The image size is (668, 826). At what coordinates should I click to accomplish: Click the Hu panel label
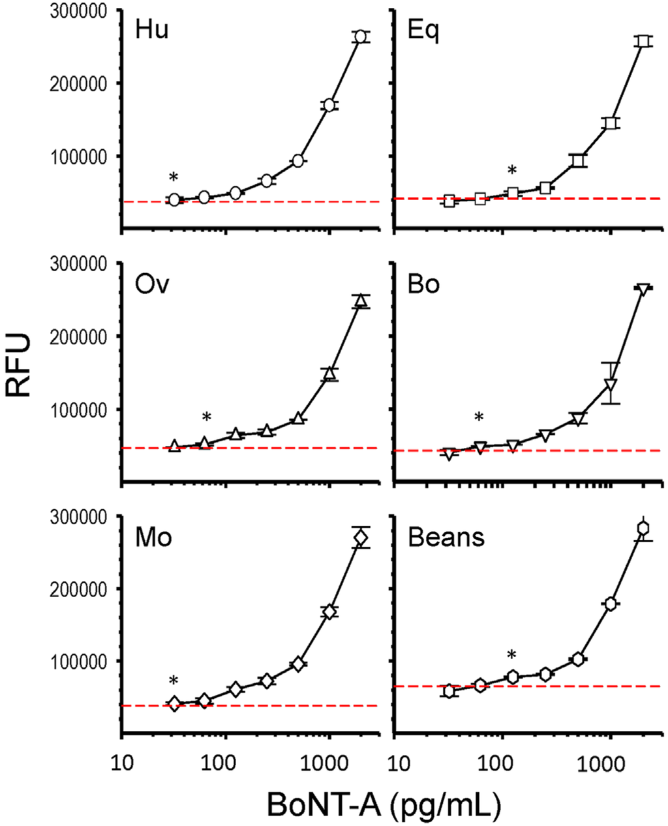[x=152, y=31]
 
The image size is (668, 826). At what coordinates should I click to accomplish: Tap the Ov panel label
[x=152, y=285]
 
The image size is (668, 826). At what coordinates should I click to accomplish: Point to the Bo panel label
[x=423, y=285]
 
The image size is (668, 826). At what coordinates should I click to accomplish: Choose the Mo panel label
[x=153, y=538]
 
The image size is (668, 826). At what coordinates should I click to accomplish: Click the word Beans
[x=446, y=538]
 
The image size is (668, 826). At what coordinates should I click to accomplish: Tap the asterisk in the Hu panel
[x=173, y=178]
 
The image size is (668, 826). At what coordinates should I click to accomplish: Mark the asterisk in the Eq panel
[x=512, y=171]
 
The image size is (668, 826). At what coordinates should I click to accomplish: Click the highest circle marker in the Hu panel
[x=360, y=37]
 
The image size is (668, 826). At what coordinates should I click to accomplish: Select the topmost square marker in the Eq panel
[x=644, y=41]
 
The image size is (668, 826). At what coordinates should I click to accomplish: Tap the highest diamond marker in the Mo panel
[x=361, y=537]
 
